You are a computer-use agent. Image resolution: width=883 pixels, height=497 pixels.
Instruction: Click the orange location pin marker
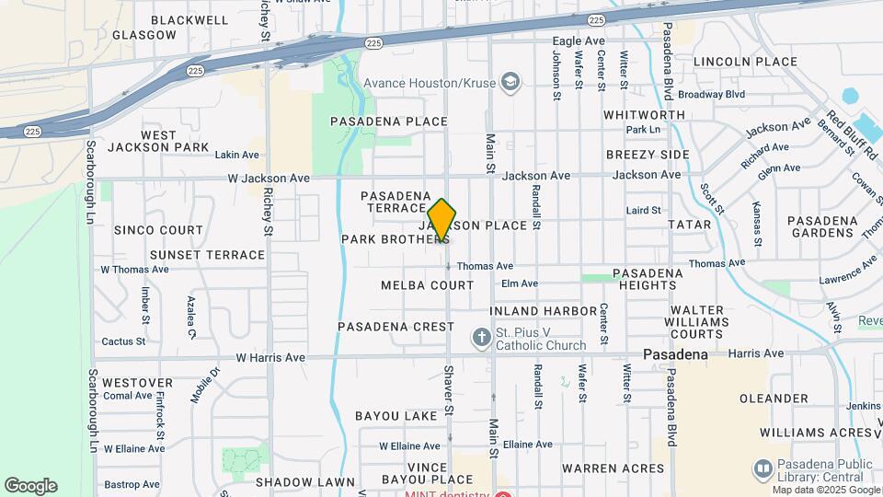[x=441, y=221]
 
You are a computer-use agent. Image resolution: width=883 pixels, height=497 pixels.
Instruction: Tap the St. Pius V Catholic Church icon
[x=481, y=338]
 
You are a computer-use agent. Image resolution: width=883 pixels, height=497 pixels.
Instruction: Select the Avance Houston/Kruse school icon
[x=509, y=83]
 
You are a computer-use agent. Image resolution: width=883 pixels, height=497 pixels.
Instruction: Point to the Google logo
[x=30, y=486]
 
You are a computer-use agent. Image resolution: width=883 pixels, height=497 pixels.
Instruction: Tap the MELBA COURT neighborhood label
[x=428, y=285]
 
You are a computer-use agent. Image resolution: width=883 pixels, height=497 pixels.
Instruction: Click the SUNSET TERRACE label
[x=207, y=255]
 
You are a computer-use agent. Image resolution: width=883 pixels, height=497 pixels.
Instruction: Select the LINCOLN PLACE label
[x=745, y=62]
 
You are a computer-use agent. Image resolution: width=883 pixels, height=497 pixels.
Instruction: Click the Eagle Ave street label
[x=579, y=41]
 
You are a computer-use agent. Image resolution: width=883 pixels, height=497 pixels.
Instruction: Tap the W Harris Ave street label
[x=270, y=357]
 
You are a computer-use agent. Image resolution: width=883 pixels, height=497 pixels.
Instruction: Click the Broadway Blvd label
[x=711, y=94]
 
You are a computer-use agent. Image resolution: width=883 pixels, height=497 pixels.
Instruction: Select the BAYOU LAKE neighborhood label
[x=396, y=416]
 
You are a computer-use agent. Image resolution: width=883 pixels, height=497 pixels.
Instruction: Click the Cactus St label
[x=123, y=341]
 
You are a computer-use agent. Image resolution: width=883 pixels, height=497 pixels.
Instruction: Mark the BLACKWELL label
[x=189, y=19]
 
